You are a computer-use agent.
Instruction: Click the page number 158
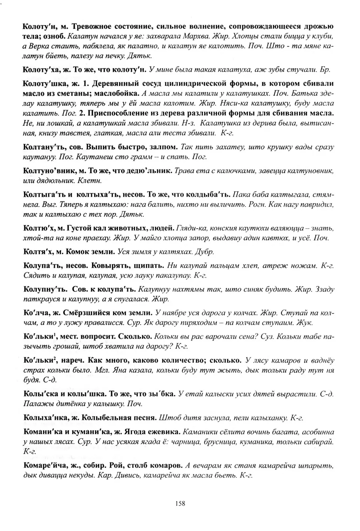pos(180,504)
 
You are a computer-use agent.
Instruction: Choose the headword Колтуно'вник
pos(49,171)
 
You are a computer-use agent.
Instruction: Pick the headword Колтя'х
pos(38,251)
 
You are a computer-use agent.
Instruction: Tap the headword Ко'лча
pos(37,313)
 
